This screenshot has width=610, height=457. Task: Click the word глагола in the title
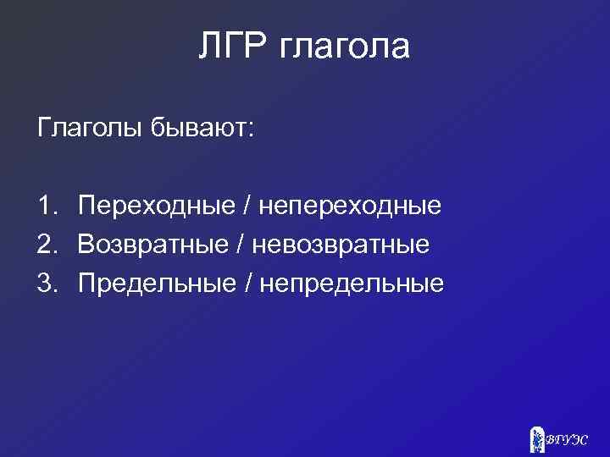343,48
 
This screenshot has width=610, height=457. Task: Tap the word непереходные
350,206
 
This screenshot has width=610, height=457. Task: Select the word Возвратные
154,245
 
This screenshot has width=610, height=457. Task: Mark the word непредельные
351,284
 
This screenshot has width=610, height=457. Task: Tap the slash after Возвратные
244,245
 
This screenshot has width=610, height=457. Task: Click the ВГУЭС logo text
568,439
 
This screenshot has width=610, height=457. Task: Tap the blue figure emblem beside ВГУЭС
536,438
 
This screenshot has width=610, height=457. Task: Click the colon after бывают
251,130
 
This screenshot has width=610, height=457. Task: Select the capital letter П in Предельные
86,283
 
